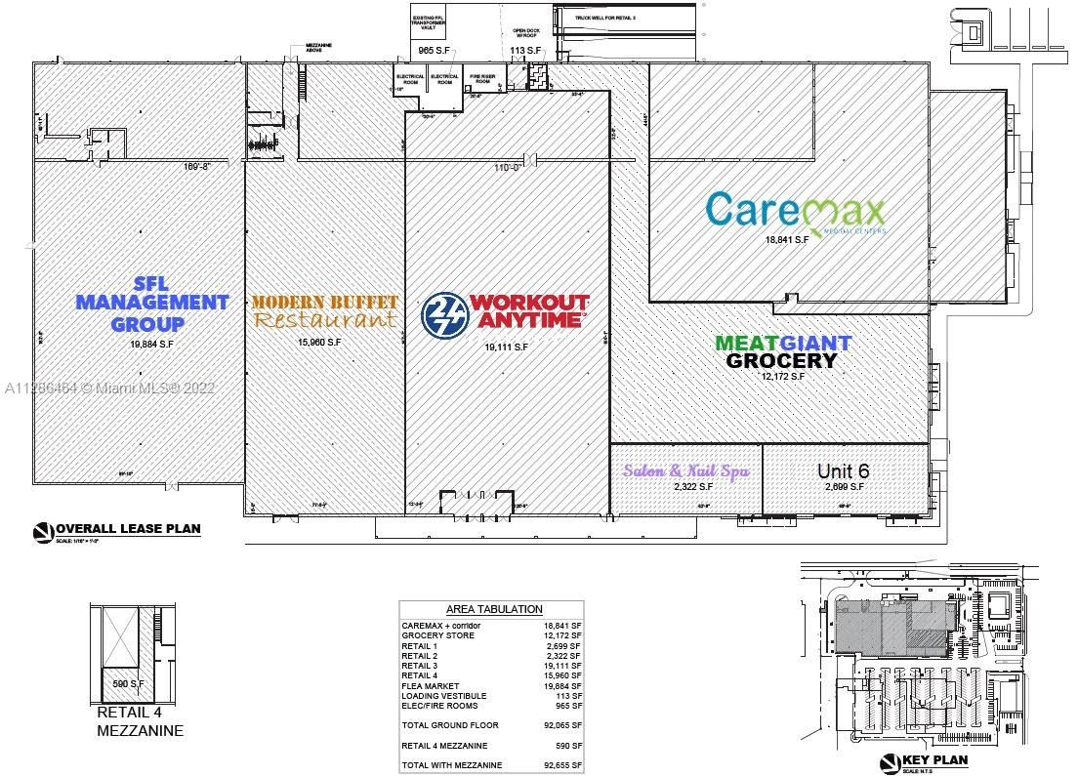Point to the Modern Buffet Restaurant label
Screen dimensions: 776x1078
click(324, 310)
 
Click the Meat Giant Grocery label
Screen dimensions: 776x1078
click(783, 351)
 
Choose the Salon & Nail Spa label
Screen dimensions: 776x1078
click(686, 470)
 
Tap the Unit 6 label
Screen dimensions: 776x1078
click(843, 470)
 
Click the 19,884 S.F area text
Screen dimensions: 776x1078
click(152, 344)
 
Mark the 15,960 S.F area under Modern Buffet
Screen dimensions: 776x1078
click(319, 342)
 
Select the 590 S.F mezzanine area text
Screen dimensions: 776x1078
click(128, 684)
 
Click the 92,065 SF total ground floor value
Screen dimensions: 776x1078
click(561, 725)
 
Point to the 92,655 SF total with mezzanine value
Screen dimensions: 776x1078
click(561, 765)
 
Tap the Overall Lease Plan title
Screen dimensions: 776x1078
click(126, 529)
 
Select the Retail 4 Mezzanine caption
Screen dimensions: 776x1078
click(140, 720)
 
